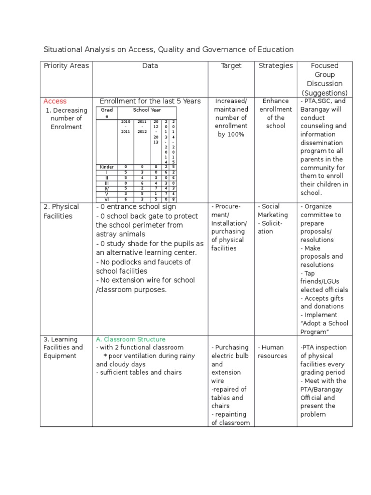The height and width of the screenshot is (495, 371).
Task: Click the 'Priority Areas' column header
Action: click(x=66, y=66)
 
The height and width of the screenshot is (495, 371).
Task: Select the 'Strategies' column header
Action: click(x=275, y=66)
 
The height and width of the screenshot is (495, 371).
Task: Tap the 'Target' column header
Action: click(x=231, y=66)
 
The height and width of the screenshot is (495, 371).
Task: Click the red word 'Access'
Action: click(x=55, y=101)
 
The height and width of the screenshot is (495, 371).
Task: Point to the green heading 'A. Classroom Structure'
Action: click(x=130, y=339)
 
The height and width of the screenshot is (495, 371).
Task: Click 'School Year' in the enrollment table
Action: click(x=147, y=110)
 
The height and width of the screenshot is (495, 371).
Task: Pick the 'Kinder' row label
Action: click(x=107, y=167)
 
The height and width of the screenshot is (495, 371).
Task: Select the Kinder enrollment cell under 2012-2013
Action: click(x=156, y=167)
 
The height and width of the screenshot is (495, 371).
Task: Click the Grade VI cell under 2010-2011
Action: click(x=126, y=199)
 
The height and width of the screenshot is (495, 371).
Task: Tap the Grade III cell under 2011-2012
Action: click(x=142, y=183)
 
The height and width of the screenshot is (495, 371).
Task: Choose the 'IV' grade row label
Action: click(x=107, y=189)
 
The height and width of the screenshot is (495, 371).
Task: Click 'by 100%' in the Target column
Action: click(x=231, y=134)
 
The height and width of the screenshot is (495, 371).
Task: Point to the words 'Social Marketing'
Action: click(x=273, y=211)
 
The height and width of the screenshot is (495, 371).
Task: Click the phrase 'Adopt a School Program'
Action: click(x=324, y=328)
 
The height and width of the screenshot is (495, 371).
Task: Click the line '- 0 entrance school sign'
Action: click(x=136, y=207)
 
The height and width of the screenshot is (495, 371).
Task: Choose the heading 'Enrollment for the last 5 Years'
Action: click(x=150, y=101)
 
